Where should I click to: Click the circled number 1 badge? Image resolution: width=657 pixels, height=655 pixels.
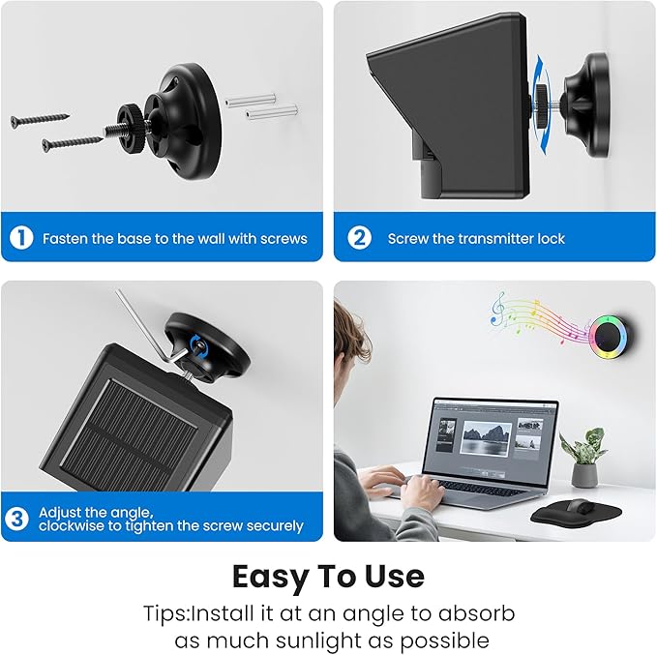(21, 238)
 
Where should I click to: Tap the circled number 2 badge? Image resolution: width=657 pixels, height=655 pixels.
(359, 238)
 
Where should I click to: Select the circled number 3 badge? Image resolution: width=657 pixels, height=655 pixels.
(16, 519)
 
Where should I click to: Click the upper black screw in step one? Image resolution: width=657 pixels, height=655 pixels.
(40, 119)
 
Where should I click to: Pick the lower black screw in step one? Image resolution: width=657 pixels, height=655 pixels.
(72, 143)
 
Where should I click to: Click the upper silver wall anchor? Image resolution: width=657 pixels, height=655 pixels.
(251, 101)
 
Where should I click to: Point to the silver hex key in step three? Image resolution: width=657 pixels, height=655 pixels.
(147, 328)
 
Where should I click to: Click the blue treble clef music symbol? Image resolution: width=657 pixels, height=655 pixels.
(497, 308)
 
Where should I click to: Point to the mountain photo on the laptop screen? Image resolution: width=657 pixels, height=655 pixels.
(486, 438)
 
